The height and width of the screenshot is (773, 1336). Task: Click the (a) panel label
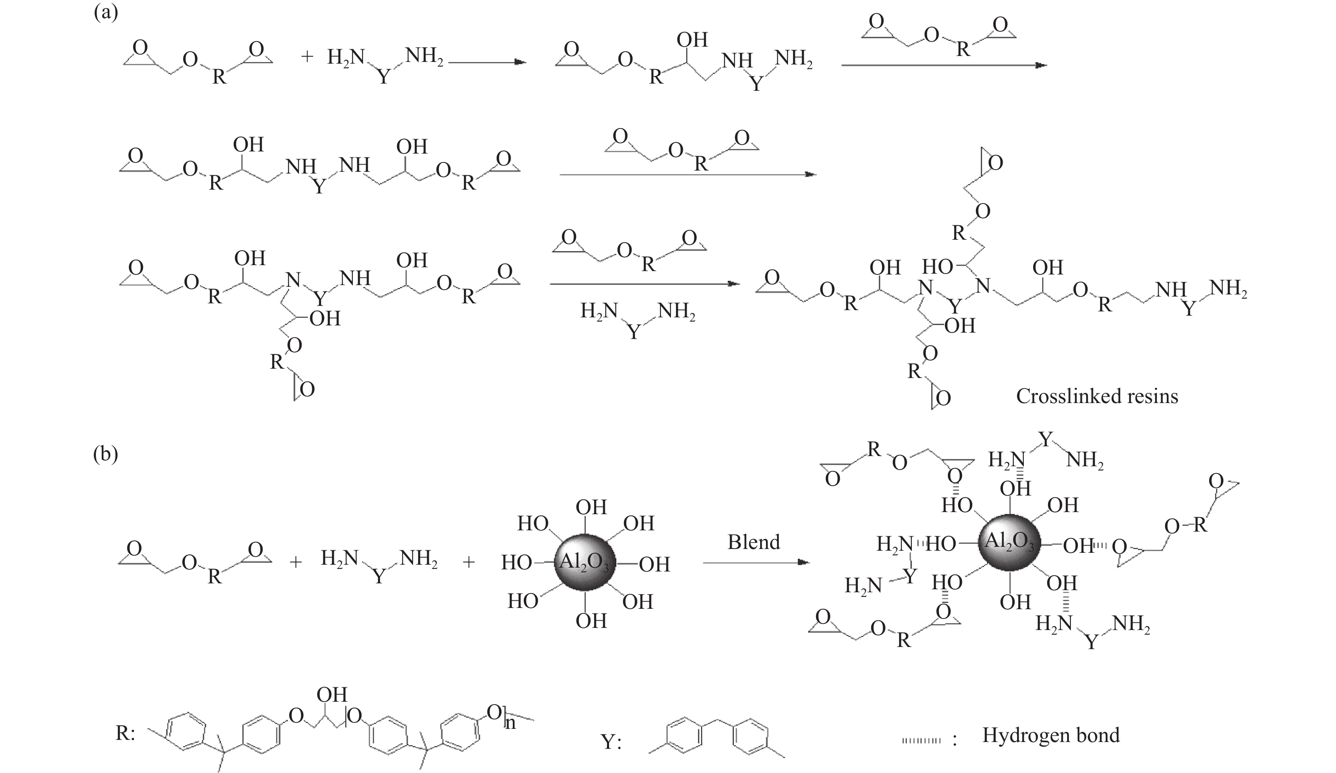(x=106, y=11)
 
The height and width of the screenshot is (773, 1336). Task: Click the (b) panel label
(x=106, y=455)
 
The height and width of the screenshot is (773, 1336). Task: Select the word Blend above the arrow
(x=753, y=542)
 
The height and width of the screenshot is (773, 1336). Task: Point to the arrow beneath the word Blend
(x=755, y=563)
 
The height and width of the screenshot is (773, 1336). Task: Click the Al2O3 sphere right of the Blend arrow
(x=1009, y=544)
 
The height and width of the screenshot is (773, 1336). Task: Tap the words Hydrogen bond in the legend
(x=1051, y=735)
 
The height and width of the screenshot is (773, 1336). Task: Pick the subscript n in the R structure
(x=510, y=723)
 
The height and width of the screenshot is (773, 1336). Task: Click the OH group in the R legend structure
(x=331, y=695)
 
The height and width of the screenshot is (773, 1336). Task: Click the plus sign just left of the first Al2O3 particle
(x=468, y=562)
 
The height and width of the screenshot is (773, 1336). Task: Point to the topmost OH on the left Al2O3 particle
(x=591, y=507)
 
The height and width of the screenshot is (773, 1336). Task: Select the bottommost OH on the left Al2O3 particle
(x=591, y=620)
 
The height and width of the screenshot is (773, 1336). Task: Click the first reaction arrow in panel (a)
(x=487, y=62)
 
